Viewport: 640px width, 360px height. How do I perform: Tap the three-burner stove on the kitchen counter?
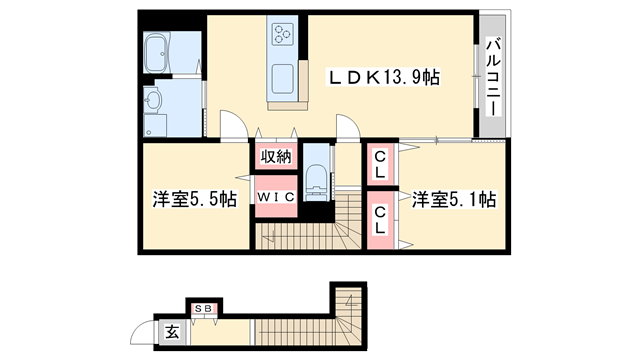click(280, 36)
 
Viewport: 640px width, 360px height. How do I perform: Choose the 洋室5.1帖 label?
click(453, 199)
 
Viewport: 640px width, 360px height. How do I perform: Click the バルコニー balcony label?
click(493, 77)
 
